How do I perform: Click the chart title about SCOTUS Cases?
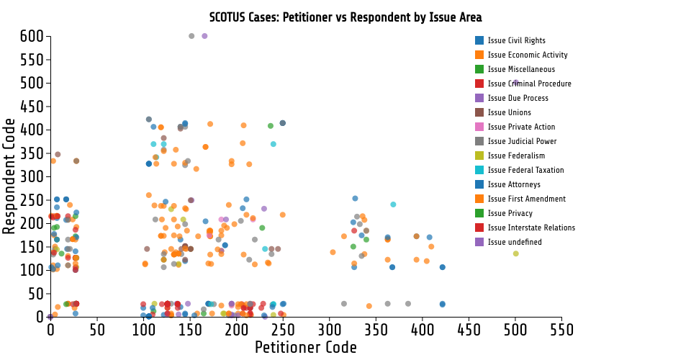pyautogui.click(x=345, y=17)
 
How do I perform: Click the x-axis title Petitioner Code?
pyautogui.click(x=306, y=348)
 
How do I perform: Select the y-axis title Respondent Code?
pyautogui.click(x=9, y=176)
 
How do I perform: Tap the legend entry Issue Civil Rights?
pyautogui.click(x=516, y=40)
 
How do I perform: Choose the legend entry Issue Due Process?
pyautogui.click(x=518, y=98)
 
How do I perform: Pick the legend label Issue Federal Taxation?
pyautogui.click(x=525, y=170)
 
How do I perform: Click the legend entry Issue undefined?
pyautogui.click(x=515, y=242)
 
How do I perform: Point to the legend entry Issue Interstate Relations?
pyautogui.click(x=531, y=228)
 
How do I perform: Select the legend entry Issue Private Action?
pyautogui.click(x=521, y=127)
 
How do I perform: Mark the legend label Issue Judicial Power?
pyautogui.click(x=522, y=141)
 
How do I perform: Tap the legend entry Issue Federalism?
pyautogui.click(x=516, y=156)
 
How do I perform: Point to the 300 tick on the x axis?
pyautogui.click(x=330, y=330)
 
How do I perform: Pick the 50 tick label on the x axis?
pyautogui.click(x=97, y=330)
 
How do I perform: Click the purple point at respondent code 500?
pyautogui.click(x=515, y=83)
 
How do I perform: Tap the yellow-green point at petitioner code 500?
pyautogui.click(x=515, y=253)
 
